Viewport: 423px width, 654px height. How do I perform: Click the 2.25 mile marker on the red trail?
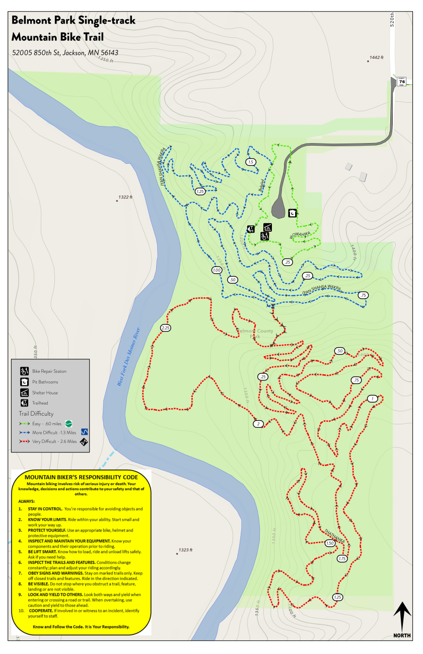pos(166,328)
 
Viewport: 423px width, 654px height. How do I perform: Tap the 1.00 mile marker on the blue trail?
pos(217,271)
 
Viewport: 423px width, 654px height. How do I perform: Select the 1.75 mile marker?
pos(342,558)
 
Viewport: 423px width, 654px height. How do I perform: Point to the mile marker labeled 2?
pos(258,424)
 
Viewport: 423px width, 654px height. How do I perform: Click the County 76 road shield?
pos(401,82)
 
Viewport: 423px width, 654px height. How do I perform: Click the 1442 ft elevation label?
pos(377,57)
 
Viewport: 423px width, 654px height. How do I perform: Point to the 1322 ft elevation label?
pos(125,197)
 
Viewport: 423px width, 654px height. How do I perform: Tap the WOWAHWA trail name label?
pos(299,235)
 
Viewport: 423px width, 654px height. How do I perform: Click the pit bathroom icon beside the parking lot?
pos(292,214)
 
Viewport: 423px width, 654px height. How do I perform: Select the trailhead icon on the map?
pos(251,229)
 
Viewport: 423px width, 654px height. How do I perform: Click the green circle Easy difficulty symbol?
pos(74,423)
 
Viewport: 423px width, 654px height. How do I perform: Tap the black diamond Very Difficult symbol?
pos(85,442)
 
